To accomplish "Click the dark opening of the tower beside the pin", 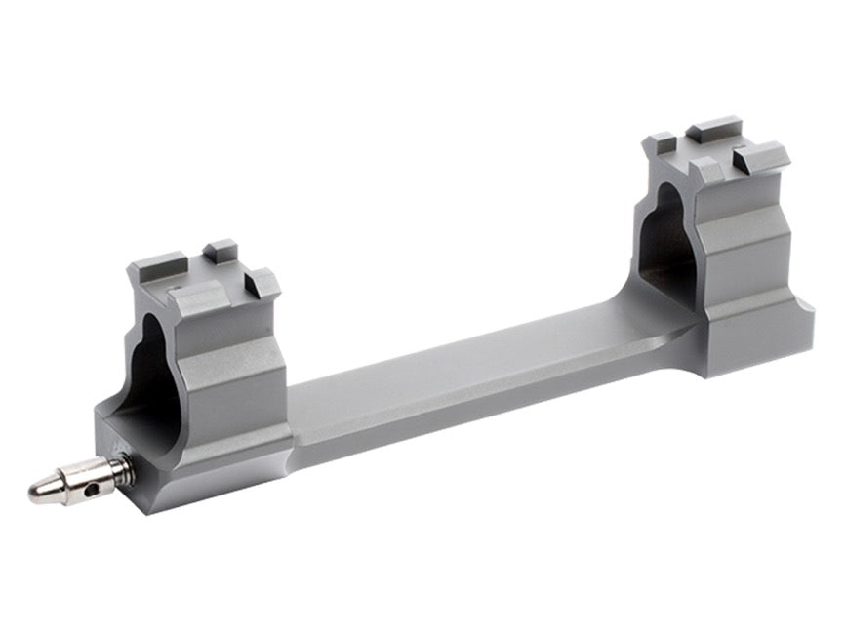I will pos(151,371).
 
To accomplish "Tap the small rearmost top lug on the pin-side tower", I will pos(221,250).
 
